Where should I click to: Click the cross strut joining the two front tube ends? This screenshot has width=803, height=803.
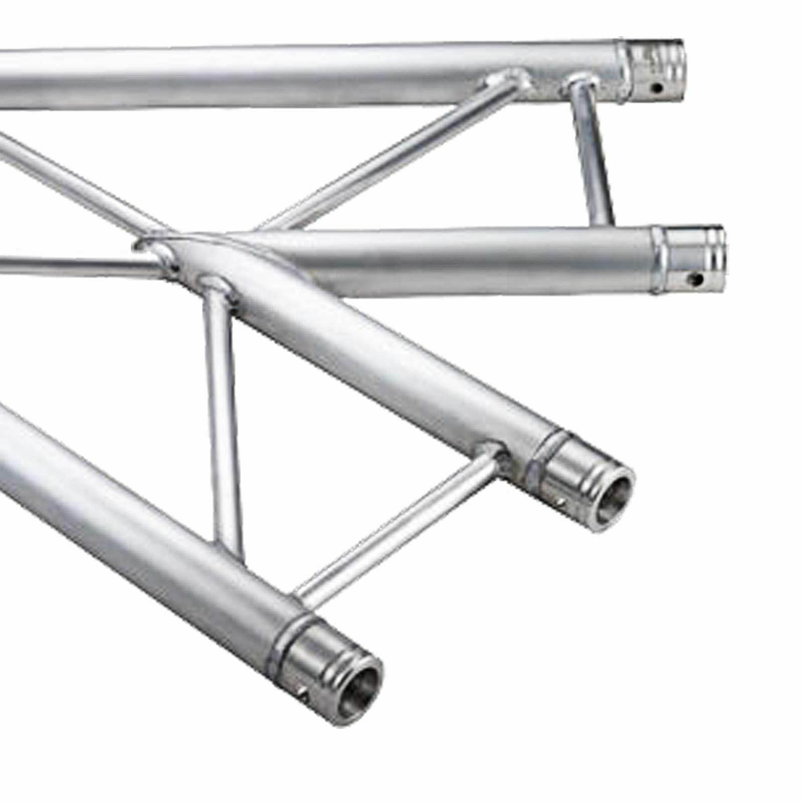coord(396,527)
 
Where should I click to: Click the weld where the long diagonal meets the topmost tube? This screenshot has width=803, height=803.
coord(507,80)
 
